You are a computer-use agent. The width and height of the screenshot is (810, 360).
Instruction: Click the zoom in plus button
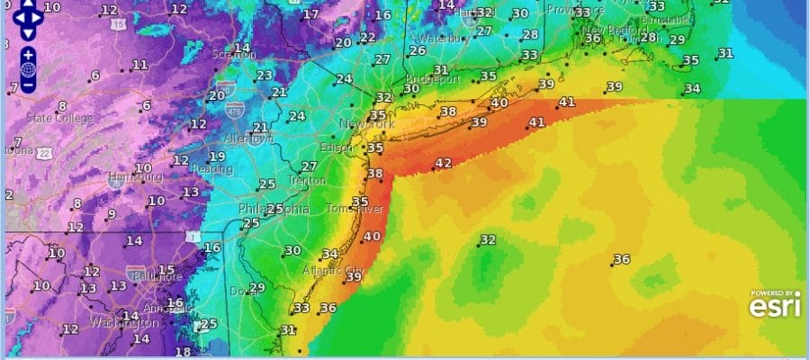coord(29,55)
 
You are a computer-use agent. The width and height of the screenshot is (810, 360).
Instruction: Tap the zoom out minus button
coord(29,85)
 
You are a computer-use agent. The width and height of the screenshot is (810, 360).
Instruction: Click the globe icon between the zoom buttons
coord(29,70)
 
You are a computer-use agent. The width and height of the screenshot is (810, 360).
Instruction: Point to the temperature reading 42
coord(443,163)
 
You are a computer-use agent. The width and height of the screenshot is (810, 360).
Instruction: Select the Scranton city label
coord(232,55)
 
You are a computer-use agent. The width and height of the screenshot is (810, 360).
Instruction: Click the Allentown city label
coord(248,139)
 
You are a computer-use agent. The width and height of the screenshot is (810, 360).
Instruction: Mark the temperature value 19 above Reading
coord(217,157)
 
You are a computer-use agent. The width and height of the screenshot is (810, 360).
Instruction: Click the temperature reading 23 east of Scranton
coord(265,76)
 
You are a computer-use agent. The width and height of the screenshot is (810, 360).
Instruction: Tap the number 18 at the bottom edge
coord(183,352)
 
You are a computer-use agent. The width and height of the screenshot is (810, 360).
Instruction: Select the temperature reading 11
coord(140,65)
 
